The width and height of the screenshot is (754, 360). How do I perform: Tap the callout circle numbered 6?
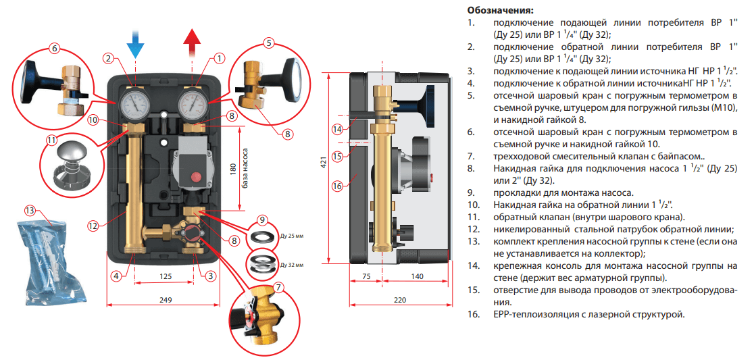pyautogui.click(x=55, y=48)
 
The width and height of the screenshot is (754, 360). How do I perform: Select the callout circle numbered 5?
pyautogui.click(x=268, y=43)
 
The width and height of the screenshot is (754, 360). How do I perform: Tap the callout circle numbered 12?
pyautogui.click(x=93, y=225)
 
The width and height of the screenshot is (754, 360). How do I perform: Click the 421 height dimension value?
pyautogui.click(x=324, y=162)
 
